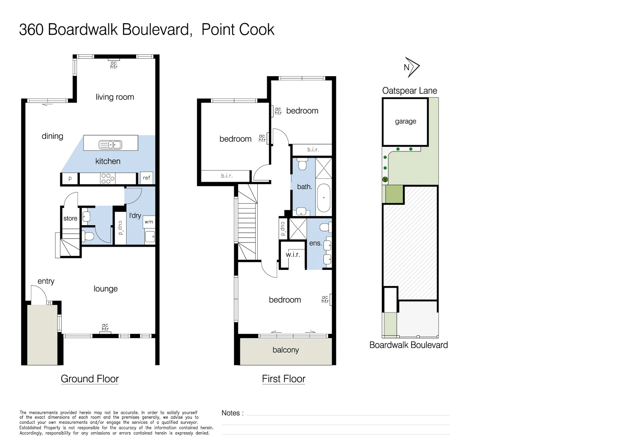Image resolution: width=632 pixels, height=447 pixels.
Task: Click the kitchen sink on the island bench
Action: [x=110, y=144]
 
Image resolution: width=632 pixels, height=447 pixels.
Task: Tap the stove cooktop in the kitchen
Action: [x=106, y=178]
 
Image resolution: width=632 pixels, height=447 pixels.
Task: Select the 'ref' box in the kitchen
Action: [x=146, y=178]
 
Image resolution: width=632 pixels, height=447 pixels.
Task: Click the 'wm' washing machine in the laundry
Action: [x=149, y=222]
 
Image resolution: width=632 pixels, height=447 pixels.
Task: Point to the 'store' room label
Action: [x=70, y=218]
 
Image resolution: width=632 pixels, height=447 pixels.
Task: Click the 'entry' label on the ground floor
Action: [x=46, y=281]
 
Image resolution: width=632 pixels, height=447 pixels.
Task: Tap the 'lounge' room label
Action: [x=105, y=289]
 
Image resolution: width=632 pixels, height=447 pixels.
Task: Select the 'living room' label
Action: [x=115, y=97]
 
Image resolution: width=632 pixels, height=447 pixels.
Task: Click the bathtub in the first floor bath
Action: [x=323, y=198]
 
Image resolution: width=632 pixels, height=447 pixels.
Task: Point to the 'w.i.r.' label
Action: [x=293, y=255]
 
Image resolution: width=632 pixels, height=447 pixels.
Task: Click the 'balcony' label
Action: [x=285, y=350]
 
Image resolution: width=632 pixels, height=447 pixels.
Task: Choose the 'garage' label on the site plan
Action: [x=405, y=121]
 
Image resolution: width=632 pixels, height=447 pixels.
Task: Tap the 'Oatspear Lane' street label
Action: [x=409, y=91]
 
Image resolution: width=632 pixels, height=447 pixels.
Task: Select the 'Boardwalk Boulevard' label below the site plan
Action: [x=408, y=345]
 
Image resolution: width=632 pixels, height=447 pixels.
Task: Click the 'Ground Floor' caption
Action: [x=90, y=379]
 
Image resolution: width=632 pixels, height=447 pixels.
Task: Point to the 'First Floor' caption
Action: [x=283, y=379]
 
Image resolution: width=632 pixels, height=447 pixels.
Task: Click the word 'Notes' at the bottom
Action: [x=231, y=413]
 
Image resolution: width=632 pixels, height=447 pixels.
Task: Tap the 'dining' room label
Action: [x=53, y=136]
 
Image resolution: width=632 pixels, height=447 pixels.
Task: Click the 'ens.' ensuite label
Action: [x=315, y=243]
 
